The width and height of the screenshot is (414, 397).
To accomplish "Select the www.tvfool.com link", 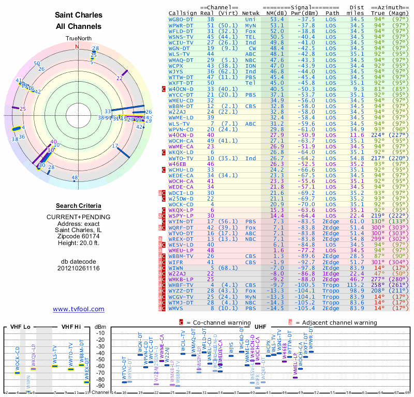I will [79, 309].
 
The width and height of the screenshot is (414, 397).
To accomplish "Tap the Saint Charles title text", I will [79, 15].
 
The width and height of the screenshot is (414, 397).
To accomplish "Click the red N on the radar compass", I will [78, 46].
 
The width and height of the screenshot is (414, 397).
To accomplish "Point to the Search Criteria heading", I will [79, 206].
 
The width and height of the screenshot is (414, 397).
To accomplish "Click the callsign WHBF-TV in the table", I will [182, 285].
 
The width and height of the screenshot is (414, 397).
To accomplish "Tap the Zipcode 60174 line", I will [79, 236].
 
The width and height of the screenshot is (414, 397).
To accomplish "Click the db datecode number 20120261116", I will [79, 268].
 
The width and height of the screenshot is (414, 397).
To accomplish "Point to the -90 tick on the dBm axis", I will [100, 386].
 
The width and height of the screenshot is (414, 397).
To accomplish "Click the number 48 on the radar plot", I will [75, 178].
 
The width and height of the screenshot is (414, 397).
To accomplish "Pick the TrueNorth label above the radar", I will [78, 39].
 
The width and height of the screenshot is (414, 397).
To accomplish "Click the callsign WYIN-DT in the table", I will [182, 221].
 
